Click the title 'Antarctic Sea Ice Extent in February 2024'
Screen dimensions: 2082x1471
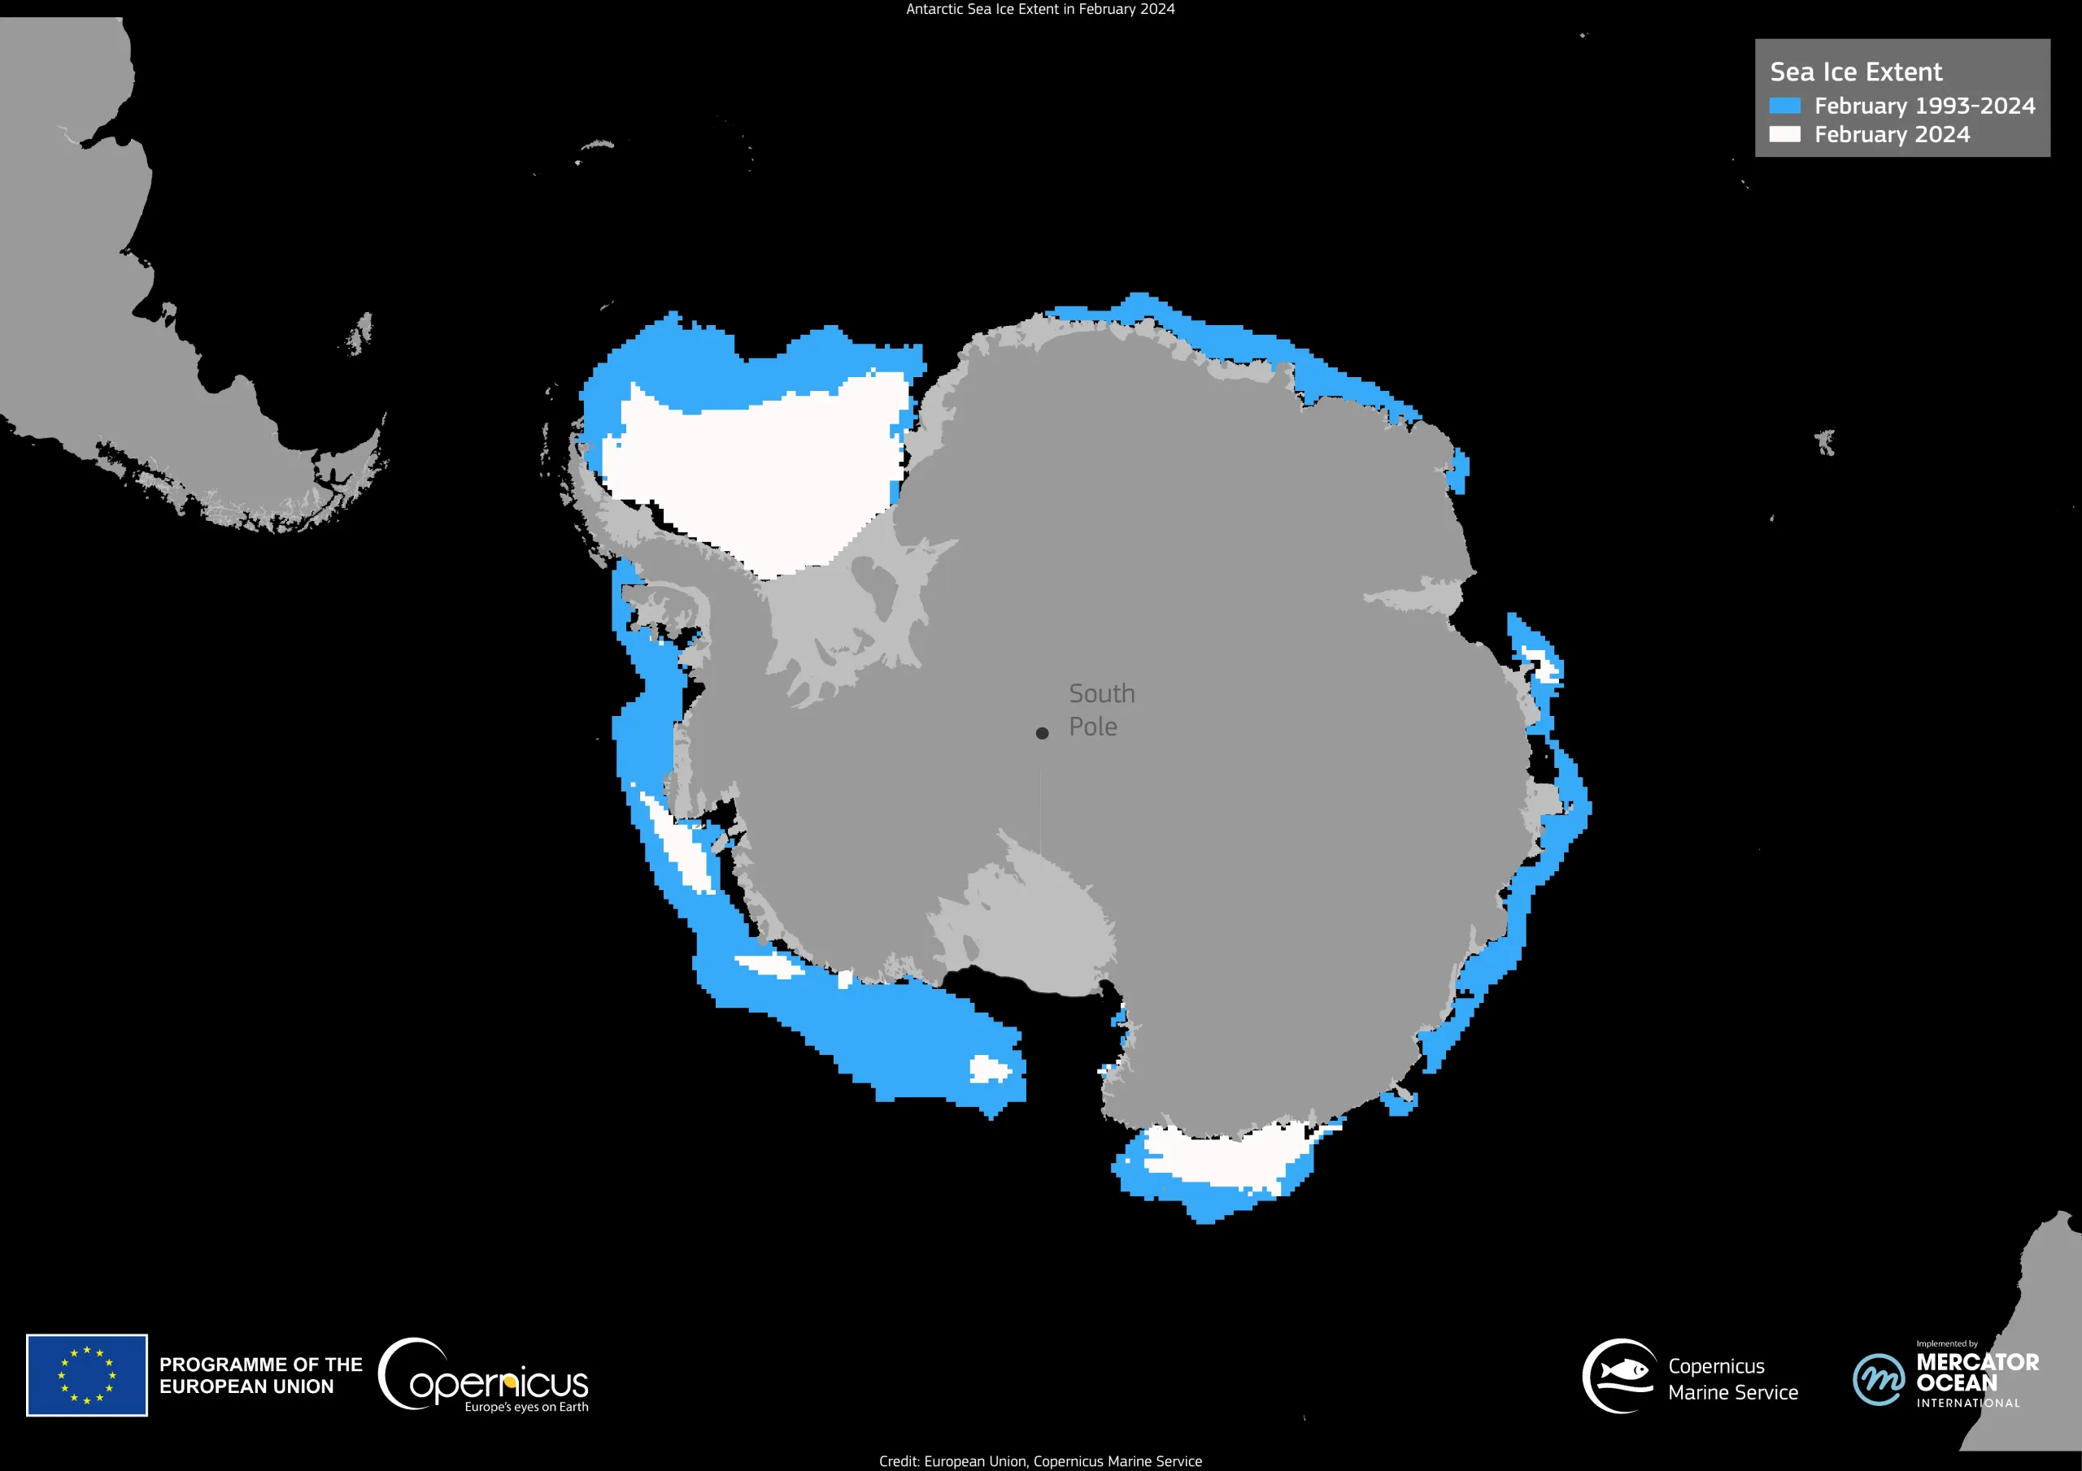click(x=1040, y=9)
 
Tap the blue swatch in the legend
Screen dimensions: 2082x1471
click(x=1784, y=106)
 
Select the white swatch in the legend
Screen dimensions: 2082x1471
click(x=1784, y=134)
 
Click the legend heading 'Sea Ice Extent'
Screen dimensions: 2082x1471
click(x=1855, y=72)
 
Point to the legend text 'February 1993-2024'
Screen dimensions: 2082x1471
click(x=1924, y=106)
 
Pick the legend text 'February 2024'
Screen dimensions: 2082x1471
click(x=1892, y=134)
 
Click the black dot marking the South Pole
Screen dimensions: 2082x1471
click(x=1042, y=733)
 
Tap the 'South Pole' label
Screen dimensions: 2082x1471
click(x=1101, y=709)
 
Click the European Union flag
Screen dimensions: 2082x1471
click(x=87, y=1374)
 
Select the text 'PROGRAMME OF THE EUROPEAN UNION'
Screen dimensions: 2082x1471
click(x=260, y=1375)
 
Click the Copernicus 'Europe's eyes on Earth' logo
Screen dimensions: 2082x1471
click(x=483, y=1376)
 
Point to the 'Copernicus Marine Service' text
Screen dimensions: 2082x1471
click(x=1732, y=1378)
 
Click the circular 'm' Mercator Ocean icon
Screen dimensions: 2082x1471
click(x=1878, y=1378)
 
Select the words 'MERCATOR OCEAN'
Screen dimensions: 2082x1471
click(x=1977, y=1372)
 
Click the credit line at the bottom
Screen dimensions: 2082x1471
click(x=1040, y=1461)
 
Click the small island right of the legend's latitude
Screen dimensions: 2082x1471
click(x=1825, y=442)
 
